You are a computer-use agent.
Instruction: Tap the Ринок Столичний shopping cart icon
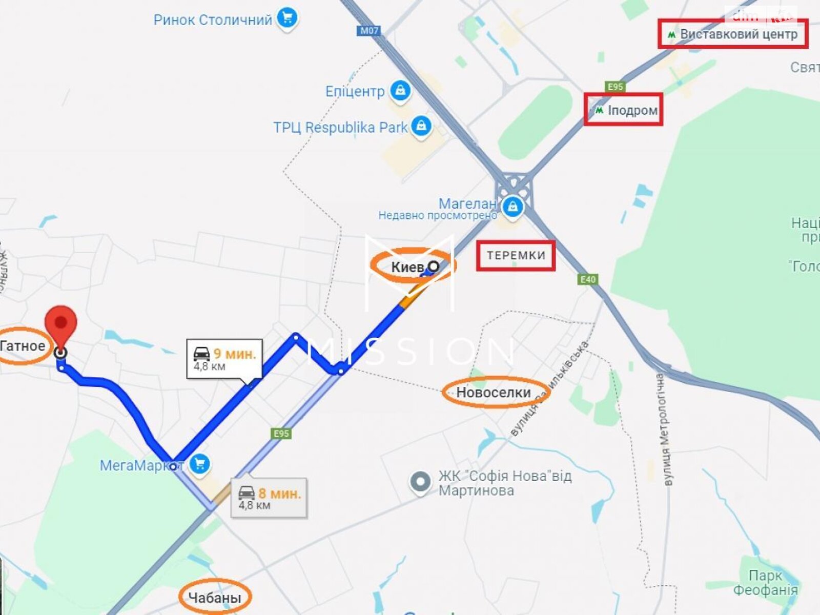pos(287,19)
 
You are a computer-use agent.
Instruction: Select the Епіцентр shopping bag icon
pos(400,91)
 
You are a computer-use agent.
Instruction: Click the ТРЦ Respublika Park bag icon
pos(421,126)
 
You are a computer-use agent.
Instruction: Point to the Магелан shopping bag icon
pos(512,208)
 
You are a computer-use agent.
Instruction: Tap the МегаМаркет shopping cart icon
pos(199,464)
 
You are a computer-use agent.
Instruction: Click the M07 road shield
pos(369,30)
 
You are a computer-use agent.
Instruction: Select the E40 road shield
pos(588,279)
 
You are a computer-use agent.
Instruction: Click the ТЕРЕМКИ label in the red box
pos(516,255)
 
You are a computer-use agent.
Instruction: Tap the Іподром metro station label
pos(626,110)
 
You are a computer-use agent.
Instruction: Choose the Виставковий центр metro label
pos(733,34)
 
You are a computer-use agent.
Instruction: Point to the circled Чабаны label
pos(215,598)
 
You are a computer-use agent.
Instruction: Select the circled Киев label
pos(408,267)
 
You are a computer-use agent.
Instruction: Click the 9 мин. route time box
pos(224,359)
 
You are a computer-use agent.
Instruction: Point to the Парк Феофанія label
pos(765,582)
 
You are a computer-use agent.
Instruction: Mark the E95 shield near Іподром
pos(615,87)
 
